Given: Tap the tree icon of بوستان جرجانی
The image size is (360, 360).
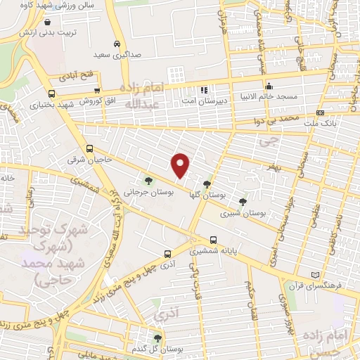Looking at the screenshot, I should pos(148,181).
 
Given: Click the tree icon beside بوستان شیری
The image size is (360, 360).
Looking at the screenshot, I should pos(243,201).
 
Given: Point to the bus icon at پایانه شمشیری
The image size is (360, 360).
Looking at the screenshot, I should pos(213,239).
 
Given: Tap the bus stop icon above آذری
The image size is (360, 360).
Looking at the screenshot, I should pos(167,254).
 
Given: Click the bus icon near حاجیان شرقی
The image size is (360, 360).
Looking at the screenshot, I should pos(90,148).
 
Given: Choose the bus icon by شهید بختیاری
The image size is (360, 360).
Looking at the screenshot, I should pos(51,94).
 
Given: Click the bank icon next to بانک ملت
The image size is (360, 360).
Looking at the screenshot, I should pos(320,112).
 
